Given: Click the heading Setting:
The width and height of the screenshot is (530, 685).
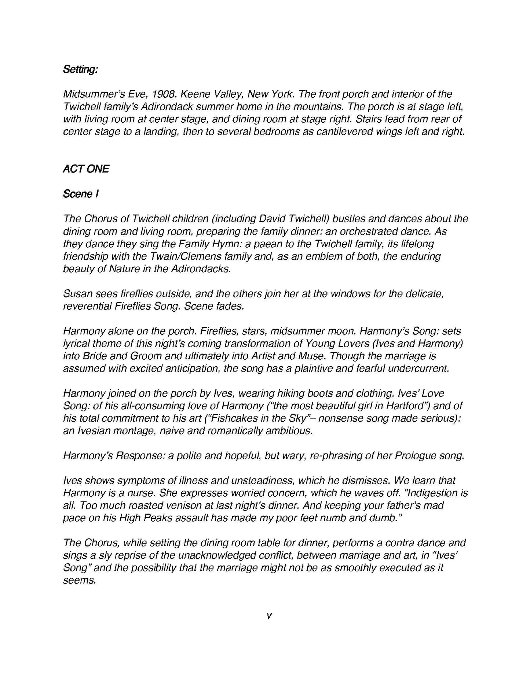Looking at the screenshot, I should pos(80,69).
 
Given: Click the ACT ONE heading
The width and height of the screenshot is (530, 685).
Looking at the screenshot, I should pos(86,169).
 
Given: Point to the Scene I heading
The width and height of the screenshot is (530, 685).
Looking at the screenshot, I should pos(81,194).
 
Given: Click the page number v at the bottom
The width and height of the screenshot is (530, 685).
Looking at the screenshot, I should pos(269,616).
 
